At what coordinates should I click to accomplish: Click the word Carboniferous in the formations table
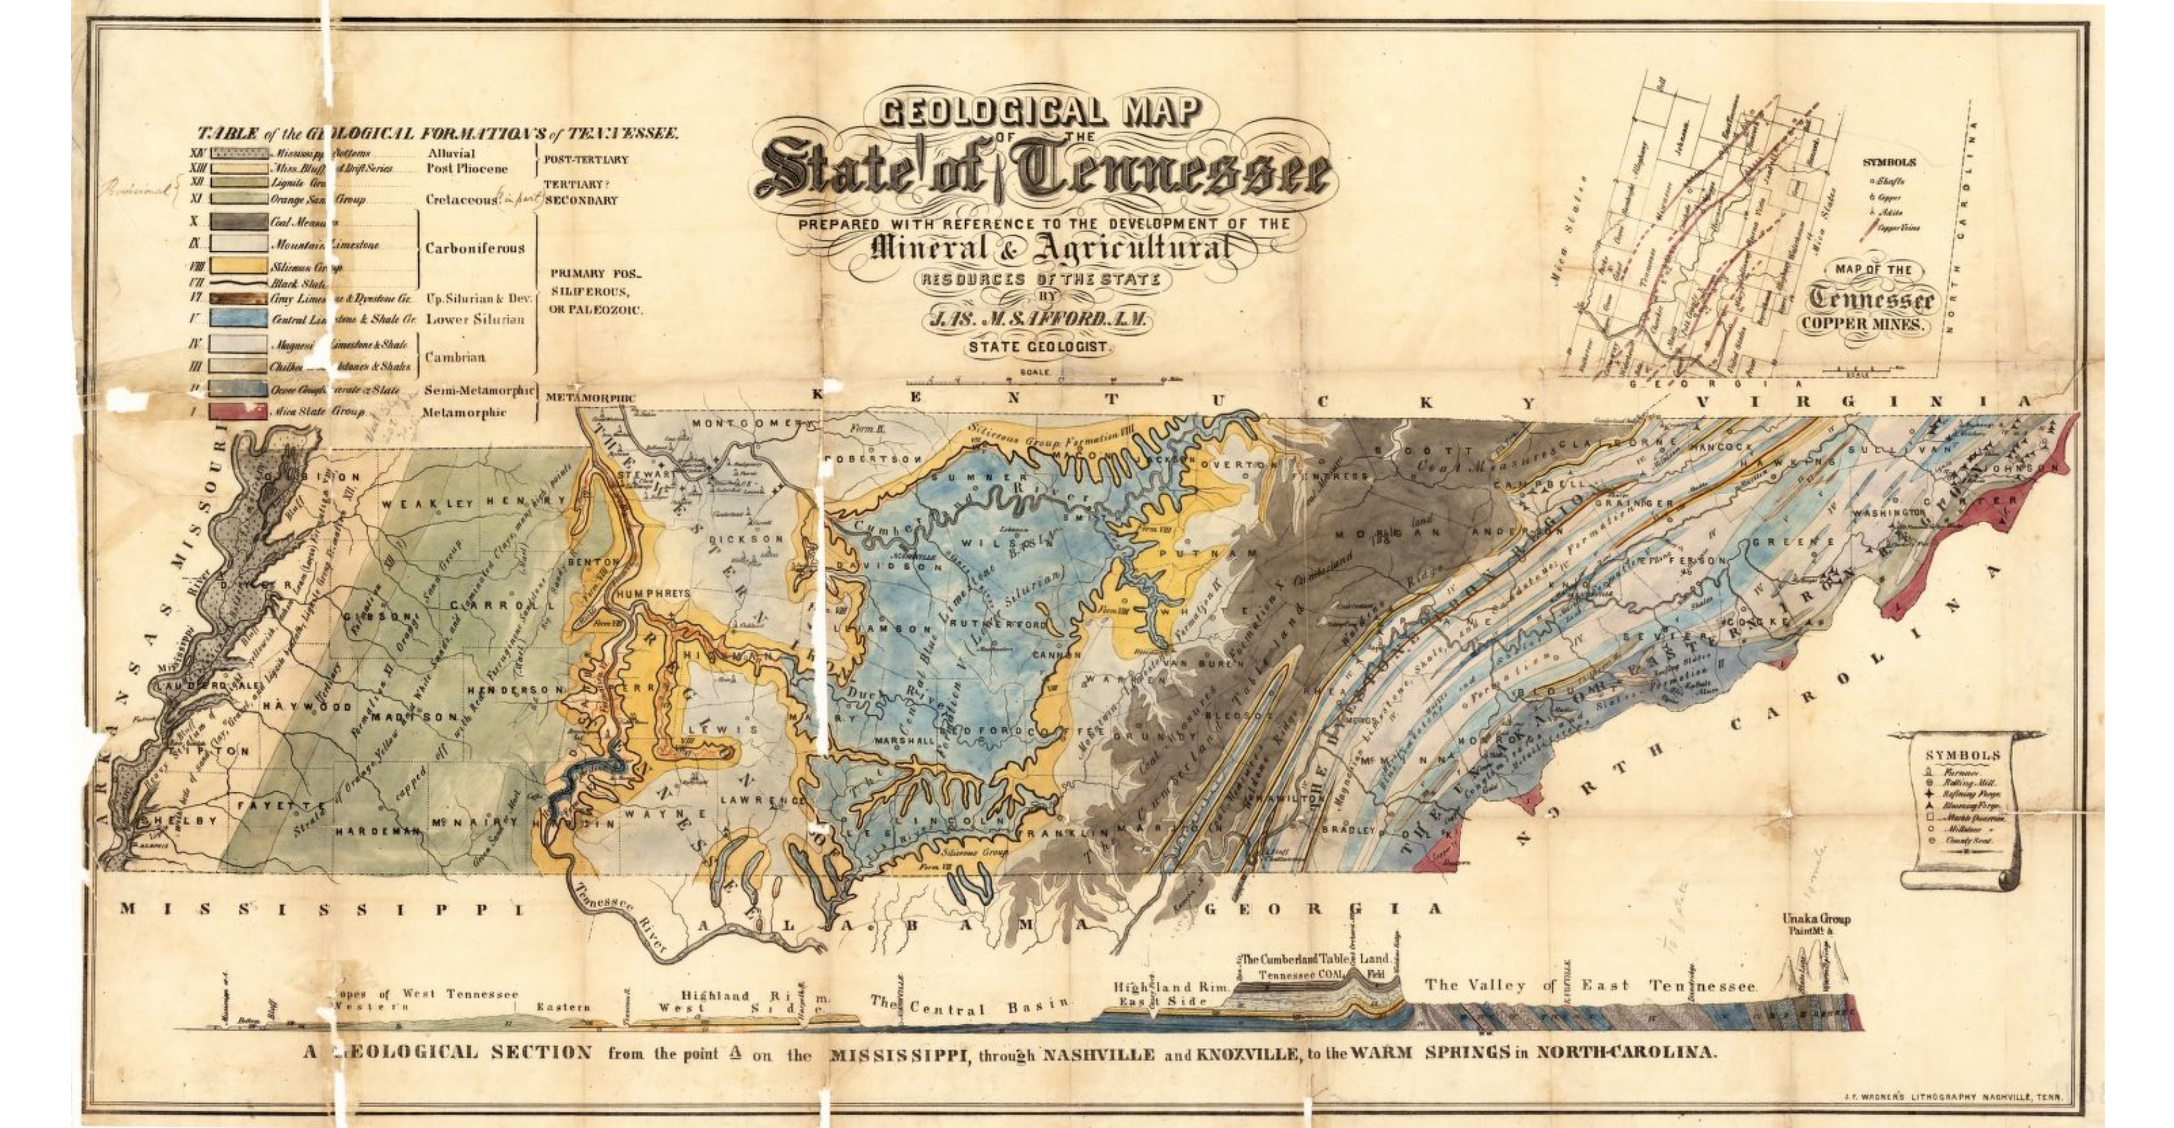(474, 248)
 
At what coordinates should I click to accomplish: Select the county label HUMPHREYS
(653, 593)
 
